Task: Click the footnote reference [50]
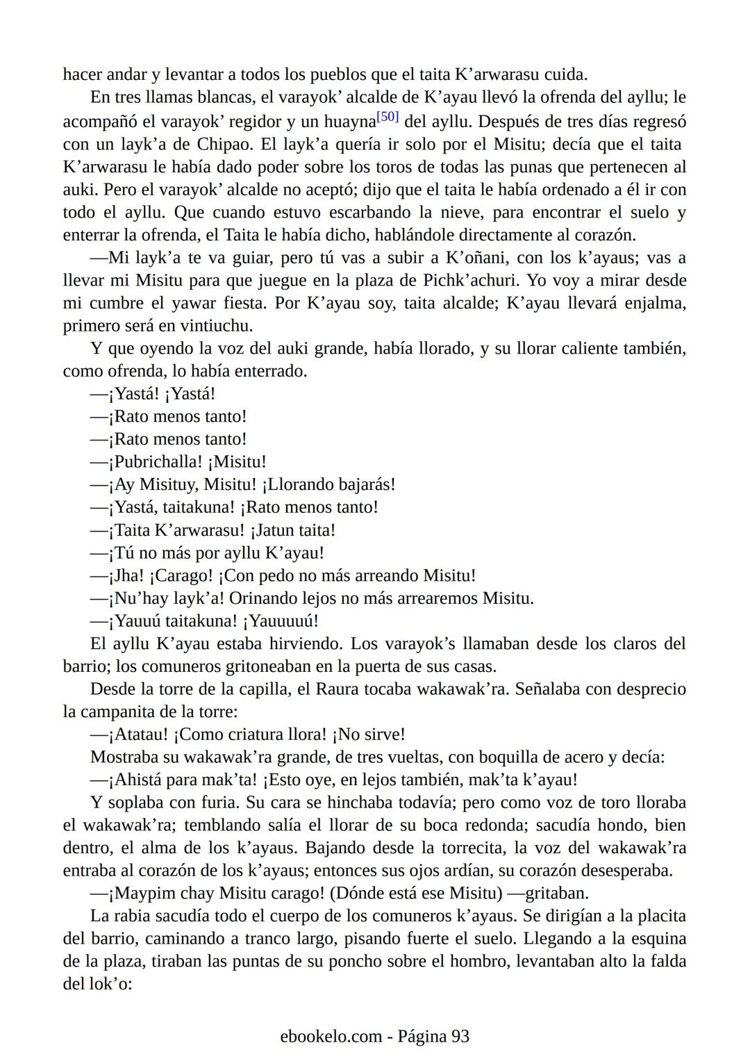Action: [x=387, y=117]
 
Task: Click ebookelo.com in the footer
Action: [x=331, y=1036]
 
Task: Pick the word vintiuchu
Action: [x=218, y=325]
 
